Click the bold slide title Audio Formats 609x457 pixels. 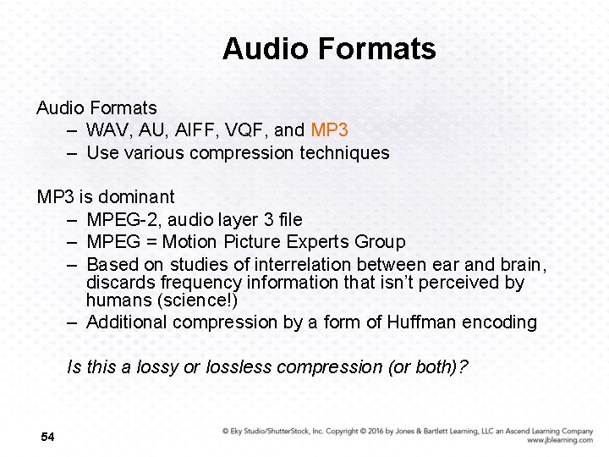(329, 49)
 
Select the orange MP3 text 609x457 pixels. (330, 130)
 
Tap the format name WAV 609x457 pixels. (107, 130)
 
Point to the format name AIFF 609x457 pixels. (196, 130)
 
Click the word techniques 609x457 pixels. (342, 153)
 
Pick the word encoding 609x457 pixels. (501, 322)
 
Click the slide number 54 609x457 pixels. (47, 437)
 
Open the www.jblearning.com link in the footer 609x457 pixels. (559, 441)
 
